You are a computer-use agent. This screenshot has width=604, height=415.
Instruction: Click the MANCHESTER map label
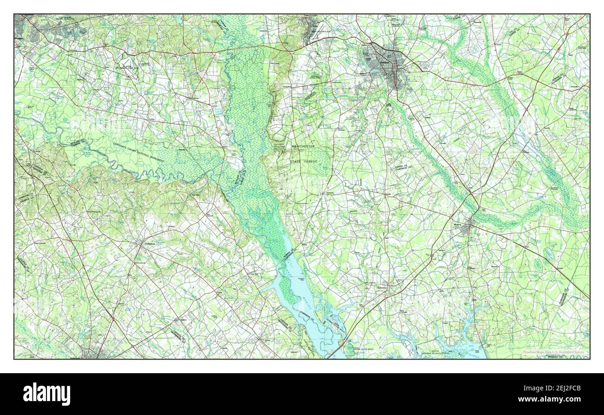pyautogui.click(x=303, y=146)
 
